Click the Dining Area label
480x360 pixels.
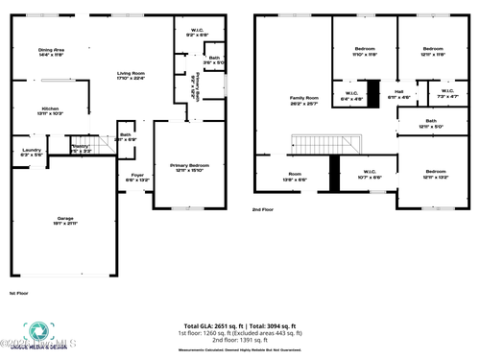tap(51, 51)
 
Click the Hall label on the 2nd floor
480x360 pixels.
tap(398, 94)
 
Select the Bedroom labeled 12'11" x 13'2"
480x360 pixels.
tap(433, 173)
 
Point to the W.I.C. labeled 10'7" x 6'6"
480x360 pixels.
tap(370, 175)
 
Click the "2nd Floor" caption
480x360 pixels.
tap(263, 208)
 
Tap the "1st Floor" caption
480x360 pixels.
tap(18, 293)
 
